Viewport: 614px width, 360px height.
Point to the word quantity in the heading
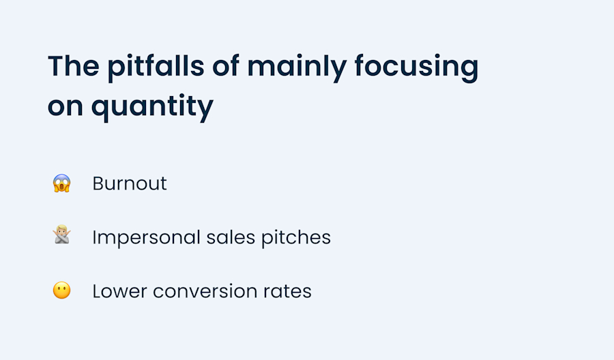point(151,106)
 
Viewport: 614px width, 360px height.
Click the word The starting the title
point(72,67)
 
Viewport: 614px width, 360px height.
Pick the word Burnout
point(130,183)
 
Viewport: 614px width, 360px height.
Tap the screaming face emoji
point(62,183)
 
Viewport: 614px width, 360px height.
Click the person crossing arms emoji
point(62,237)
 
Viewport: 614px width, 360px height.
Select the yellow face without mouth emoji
point(62,291)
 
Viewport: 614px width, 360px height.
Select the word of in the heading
point(223,67)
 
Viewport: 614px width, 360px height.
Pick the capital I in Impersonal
point(95,237)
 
